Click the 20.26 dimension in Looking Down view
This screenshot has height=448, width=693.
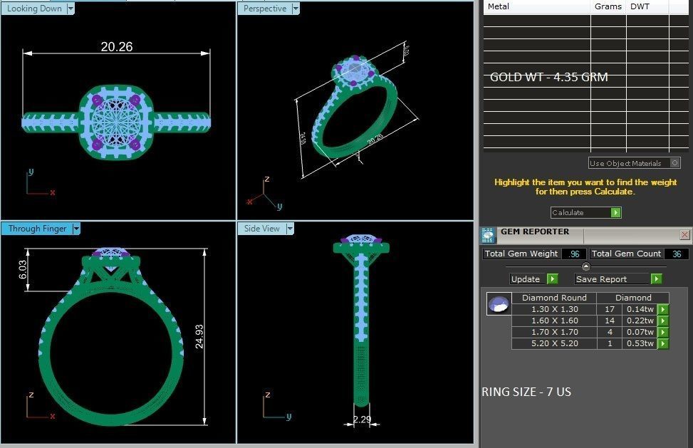click(x=117, y=47)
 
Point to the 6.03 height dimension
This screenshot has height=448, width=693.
click(x=23, y=269)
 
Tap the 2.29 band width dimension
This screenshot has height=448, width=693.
click(x=362, y=420)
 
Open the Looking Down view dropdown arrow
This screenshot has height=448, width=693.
click(x=70, y=9)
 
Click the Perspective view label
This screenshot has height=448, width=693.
click(x=265, y=9)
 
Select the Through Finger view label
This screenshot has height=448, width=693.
click(x=37, y=229)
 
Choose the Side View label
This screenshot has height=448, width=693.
click(x=262, y=229)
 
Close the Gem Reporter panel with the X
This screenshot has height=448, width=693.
click(x=685, y=234)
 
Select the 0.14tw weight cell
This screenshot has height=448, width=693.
click(x=639, y=309)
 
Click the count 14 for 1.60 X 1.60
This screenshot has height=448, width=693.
click(x=609, y=321)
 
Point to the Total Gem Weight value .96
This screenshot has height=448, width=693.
click(x=573, y=254)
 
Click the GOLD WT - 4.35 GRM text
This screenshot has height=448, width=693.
click(x=548, y=77)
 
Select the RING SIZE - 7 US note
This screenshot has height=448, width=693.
click(x=526, y=392)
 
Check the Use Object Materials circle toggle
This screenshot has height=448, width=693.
click(x=674, y=163)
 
